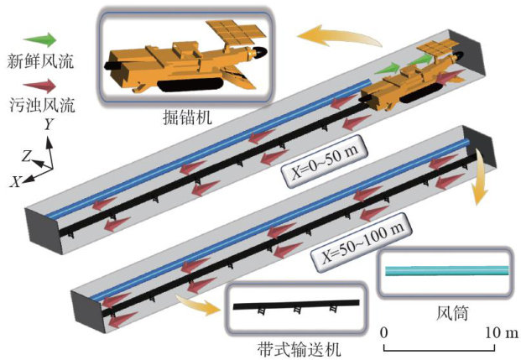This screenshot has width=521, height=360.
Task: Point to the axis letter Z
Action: tap(28, 155)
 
